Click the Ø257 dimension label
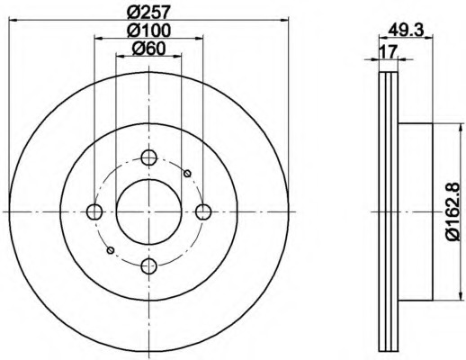coord(148,13)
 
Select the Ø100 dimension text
coord(148,30)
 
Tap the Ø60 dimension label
coord(148,48)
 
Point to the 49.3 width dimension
coord(406,30)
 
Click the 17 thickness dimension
coord(389,51)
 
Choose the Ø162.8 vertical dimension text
coord(453,211)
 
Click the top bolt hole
coord(148,157)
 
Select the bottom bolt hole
coord(148,266)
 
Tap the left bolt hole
coord(94,211)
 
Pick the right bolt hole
coord(203,211)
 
